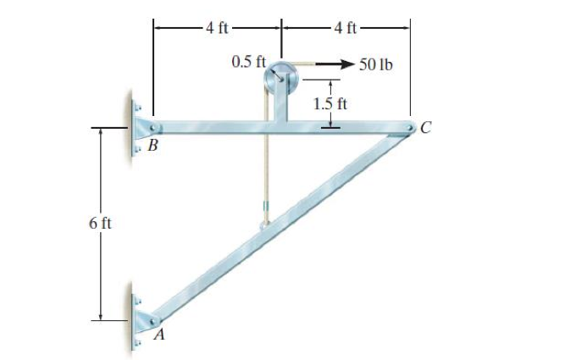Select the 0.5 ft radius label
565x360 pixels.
248,63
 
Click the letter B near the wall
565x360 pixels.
152,146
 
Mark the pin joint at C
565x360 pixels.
408,129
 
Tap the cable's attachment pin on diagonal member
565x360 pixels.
265,225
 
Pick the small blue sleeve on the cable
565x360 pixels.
265,207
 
